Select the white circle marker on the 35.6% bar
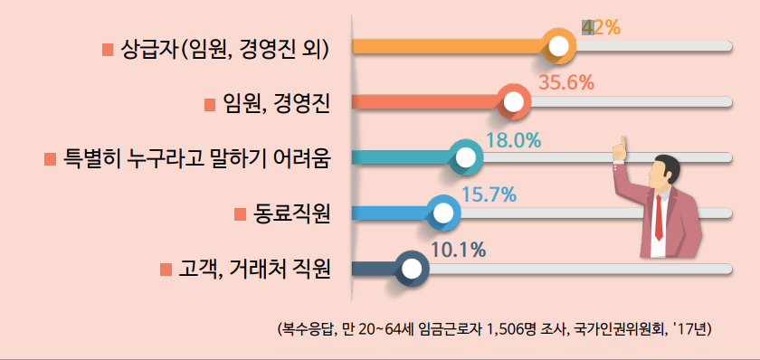point(516,103)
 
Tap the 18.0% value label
point(513,140)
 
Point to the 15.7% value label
point(489,194)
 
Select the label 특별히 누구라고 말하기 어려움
point(195,159)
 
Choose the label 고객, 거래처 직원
point(253,269)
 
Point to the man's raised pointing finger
point(622,142)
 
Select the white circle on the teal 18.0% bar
point(466,158)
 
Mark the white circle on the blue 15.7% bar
point(443,213)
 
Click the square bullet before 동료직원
point(240,214)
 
